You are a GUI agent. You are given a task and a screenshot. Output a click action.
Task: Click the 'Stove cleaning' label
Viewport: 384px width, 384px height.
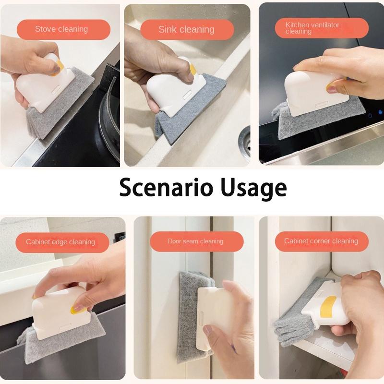(x=61, y=29)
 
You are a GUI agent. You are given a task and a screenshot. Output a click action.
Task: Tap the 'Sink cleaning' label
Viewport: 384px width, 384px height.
(x=186, y=29)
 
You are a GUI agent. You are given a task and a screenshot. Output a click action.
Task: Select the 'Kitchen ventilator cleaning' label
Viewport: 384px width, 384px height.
(x=312, y=28)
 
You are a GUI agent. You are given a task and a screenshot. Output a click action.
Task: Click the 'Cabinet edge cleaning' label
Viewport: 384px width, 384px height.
(x=60, y=242)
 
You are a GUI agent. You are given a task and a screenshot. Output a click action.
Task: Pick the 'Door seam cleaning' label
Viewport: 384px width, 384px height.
(x=195, y=241)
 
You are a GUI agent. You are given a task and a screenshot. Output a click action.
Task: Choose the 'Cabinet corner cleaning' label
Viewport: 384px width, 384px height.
(x=321, y=241)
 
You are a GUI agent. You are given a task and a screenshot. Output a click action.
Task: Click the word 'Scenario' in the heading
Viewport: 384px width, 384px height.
(x=166, y=188)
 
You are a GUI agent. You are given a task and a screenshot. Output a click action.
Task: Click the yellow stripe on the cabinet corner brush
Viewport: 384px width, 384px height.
(x=328, y=306)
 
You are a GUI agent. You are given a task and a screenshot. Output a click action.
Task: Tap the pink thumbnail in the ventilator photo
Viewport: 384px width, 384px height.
(x=332, y=89)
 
